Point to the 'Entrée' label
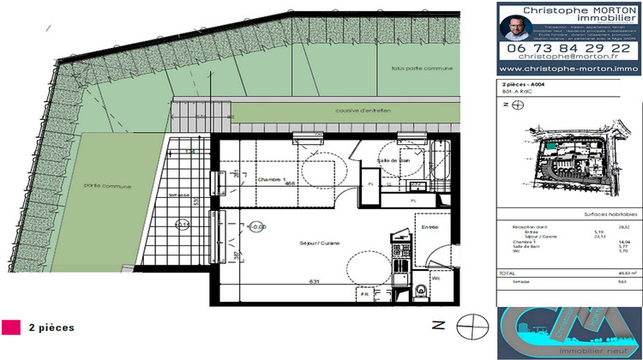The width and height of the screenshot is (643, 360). (428, 226)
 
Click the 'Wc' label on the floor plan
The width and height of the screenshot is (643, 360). (436, 278)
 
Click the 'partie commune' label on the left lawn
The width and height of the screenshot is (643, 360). (101, 184)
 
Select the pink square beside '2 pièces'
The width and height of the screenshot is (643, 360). (12, 327)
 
